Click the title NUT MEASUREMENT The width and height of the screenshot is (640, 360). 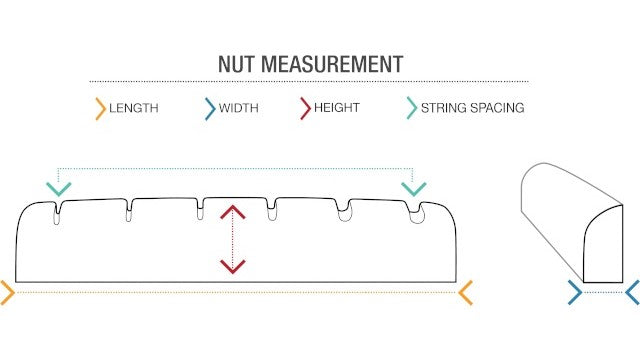click(311, 65)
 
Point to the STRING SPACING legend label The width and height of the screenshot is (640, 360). click(472, 108)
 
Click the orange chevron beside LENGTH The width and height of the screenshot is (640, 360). click(100, 108)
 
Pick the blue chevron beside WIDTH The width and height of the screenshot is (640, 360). click(209, 108)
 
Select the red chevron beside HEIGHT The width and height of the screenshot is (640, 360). click(306, 108)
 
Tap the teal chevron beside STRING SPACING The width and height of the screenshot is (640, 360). click(411, 108)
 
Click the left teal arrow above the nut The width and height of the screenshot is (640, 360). click(59, 188)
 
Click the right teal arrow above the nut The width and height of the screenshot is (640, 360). click(413, 188)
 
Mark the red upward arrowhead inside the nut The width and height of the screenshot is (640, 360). click(233, 213)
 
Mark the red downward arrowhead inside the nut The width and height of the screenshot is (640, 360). click(233, 265)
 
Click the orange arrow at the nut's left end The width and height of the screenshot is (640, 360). click(7, 293)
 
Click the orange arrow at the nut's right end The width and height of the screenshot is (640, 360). click(465, 293)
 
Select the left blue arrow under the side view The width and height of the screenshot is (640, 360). click(575, 292)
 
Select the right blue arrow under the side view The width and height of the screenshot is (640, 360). click(632, 292)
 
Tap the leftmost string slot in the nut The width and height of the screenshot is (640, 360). click(59, 211)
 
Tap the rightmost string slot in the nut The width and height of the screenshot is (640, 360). click(415, 211)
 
